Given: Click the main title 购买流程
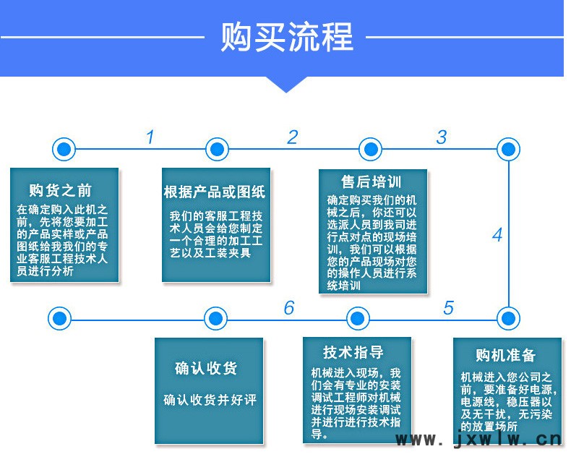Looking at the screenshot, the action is pos(287,36).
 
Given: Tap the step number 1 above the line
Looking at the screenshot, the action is pos(150,137).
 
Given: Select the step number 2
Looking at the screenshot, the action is pos(293,137).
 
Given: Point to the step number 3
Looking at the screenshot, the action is pos(442,137).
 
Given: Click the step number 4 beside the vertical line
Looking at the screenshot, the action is pos(497,234).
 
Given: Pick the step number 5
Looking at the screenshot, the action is pos(449,308).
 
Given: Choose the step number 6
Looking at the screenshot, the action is pos(289,308).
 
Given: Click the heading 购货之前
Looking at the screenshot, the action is pos(60,190).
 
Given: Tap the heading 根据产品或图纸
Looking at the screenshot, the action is pos(215,192).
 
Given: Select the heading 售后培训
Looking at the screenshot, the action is pos(372,181).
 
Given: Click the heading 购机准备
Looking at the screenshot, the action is pos(505,355).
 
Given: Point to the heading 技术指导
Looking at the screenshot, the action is pos(353,352).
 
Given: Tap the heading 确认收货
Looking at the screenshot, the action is pos(206,368).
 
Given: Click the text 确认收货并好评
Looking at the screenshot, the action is pos(210,400).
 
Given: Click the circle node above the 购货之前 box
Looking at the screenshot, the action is pos(64,149).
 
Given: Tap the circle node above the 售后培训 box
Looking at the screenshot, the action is pos(371,149).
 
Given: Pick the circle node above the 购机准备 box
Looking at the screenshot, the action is pos(509,318).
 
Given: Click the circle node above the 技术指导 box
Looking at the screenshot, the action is pos(358,318).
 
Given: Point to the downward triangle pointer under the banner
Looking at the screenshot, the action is pos(287,84).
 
